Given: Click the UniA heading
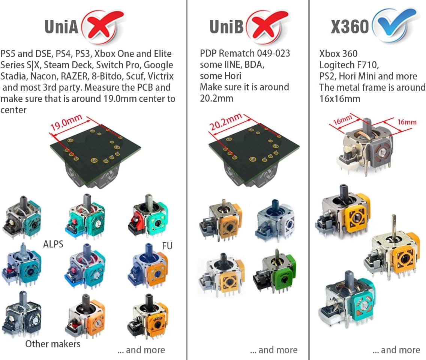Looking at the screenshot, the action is tap(61, 27).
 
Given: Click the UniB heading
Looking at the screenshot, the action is tap(226, 27).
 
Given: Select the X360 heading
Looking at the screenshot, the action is tap(349, 27).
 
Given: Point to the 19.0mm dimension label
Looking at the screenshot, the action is tap(66, 122).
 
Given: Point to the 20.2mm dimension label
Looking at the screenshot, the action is tap(225, 121).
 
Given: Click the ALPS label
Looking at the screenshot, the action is tap(53, 244).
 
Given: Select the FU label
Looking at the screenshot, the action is tap(167, 246).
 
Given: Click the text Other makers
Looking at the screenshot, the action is tap(53, 344).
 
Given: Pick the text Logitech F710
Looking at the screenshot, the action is tap(349, 65).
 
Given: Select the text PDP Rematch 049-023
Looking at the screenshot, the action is tap(245, 53).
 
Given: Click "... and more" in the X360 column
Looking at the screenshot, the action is tap(396, 350).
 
